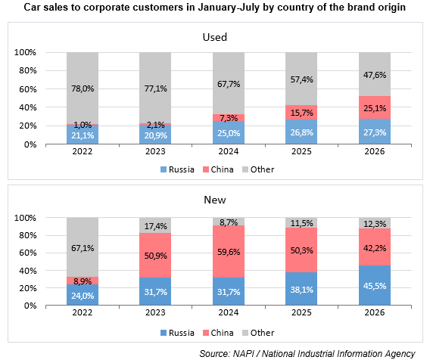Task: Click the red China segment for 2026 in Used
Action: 375,107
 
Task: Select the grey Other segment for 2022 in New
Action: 83,247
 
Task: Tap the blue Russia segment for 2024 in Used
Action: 229,132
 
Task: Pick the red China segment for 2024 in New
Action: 229,252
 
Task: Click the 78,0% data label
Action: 83,88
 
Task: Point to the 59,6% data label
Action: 229,252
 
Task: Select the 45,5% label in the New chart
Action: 375,286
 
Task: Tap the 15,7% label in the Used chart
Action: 301,113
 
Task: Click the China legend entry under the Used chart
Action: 218,169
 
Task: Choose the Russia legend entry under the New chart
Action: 177,333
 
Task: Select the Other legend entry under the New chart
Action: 258,333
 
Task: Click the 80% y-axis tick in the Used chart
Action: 28,70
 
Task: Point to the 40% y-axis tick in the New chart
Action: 28,271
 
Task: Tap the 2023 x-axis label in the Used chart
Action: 155,151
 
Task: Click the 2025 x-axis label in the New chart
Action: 301,312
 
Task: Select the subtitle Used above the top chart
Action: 215,37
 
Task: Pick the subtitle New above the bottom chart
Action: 215,200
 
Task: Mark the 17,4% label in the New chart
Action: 155,226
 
